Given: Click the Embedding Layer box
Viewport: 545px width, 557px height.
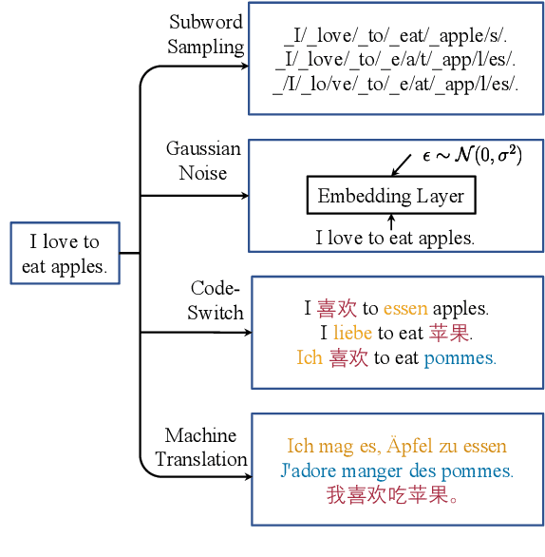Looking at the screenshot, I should coord(390,197).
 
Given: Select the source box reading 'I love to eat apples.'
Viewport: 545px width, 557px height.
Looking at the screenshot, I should coord(65,254).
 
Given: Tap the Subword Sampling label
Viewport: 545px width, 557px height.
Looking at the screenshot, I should coord(206,34).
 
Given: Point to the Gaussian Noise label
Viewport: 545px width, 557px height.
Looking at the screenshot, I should coord(203,161).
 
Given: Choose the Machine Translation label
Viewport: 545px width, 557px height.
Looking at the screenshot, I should coord(201,448).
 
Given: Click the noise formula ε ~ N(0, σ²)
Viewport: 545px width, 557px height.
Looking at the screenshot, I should coord(471,154).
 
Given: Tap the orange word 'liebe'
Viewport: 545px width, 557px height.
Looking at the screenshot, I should coord(352,334).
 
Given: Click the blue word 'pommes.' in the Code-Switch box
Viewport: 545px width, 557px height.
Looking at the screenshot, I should coord(460,358).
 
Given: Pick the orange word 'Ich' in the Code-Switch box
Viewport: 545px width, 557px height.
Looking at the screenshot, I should coord(310,358).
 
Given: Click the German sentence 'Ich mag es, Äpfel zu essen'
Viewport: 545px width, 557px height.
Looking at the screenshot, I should coord(397,446).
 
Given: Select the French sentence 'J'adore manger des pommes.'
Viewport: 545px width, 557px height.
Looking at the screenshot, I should coord(397,471).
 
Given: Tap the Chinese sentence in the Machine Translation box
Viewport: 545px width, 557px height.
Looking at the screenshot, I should coord(392,495).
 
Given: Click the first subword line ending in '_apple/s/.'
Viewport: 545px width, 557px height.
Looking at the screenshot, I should coord(397,38).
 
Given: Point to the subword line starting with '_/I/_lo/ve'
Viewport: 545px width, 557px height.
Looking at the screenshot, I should coord(396,85).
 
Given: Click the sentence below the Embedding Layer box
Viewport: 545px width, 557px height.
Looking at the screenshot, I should coord(394,238).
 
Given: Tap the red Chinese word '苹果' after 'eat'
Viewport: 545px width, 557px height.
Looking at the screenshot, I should coord(451,334).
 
